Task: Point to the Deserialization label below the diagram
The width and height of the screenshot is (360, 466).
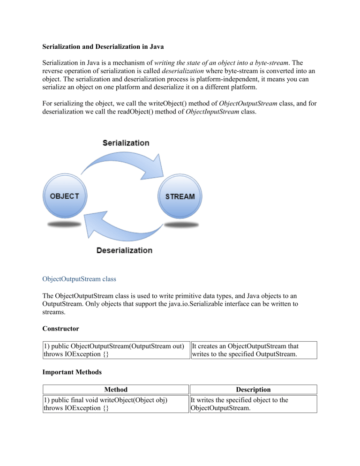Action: [x=124, y=250]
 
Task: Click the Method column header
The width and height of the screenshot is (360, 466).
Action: [x=115, y=389]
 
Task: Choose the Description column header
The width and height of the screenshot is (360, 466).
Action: [x=253, y=389]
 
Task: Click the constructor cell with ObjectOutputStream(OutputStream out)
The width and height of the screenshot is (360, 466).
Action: [x=115, y=350]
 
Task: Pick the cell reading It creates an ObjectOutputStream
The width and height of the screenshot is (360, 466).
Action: [x=253, y=350]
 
